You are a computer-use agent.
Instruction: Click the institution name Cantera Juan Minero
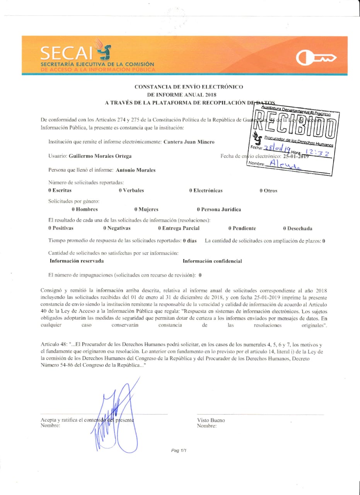pos(189,142)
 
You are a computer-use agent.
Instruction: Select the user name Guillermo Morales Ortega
pos(94,156)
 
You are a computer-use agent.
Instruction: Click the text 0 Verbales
pos(131,190)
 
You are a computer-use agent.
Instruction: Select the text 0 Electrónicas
pos(206,191)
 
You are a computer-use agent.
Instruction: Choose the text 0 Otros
pos(268,191)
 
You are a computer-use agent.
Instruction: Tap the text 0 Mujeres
pos(146,210)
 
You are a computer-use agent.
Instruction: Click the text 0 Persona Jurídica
pos(218,210)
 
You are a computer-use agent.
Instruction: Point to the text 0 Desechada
pos(297,229)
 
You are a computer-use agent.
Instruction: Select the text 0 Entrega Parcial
pos(179,229)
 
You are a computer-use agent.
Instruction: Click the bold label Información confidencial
pos(212,261)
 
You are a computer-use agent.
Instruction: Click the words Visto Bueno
pos(211,420)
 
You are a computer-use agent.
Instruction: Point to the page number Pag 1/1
pos(179,451)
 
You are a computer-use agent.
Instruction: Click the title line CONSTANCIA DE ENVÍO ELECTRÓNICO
pos(189,87)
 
